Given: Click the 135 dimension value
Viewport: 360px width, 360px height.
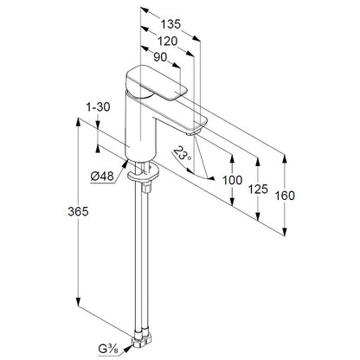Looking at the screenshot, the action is coord(170,24).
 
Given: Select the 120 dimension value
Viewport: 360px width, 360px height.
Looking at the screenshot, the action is coord(168,42).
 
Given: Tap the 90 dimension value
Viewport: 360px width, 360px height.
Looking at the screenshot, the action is coord(160,57).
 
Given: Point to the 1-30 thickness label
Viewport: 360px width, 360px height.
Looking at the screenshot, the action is coord(98,107).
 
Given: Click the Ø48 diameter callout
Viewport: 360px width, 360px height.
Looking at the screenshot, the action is coord(102,176).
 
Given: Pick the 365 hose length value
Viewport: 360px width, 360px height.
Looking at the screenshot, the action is coord(78,212).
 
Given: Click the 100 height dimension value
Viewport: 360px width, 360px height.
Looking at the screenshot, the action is coord(232,180).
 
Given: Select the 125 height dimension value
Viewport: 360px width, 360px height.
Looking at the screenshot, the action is coord(258,190).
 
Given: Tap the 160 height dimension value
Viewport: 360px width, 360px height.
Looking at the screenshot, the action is coord(285,196).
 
